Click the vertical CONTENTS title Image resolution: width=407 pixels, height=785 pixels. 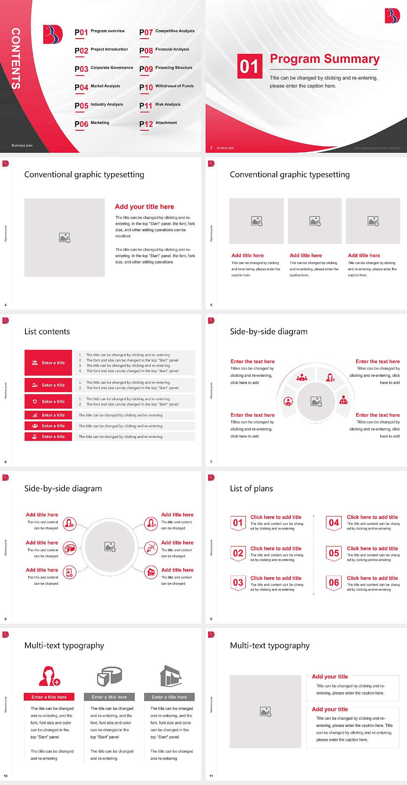(x=16, y=59)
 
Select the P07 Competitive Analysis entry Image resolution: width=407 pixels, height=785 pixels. (x=167, y=32)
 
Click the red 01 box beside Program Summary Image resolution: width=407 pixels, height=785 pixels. (x=249, y=66)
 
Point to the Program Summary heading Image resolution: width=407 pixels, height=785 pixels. (x=324, y=59)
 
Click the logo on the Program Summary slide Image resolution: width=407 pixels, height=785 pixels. (x=392, y=16)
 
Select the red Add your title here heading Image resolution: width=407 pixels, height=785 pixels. (x=144, y=207)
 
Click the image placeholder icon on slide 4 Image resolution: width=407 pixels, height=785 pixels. (x=64, y=238)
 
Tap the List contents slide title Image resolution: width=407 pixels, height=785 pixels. (x=47, y=331)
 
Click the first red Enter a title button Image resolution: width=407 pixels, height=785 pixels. (x=48, y=363)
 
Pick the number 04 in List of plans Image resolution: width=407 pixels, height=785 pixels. (x=334, y=523)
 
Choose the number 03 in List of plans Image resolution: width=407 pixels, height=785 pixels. (x=238, y=583)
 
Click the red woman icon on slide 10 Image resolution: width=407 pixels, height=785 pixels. (x=49, y=676)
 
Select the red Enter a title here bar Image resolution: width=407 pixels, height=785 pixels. (x=49, y=697)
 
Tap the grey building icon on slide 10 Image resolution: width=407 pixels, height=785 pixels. (x=170, y=676)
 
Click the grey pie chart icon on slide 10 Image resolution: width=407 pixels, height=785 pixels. (x=109, y=676)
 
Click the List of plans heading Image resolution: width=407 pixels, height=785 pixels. (x=251, y=488)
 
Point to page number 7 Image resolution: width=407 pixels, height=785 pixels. (x=211, y=462)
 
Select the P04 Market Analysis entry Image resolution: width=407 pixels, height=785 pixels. (x=98, y=87)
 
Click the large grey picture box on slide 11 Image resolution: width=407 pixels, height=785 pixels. (x=265, y=712)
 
